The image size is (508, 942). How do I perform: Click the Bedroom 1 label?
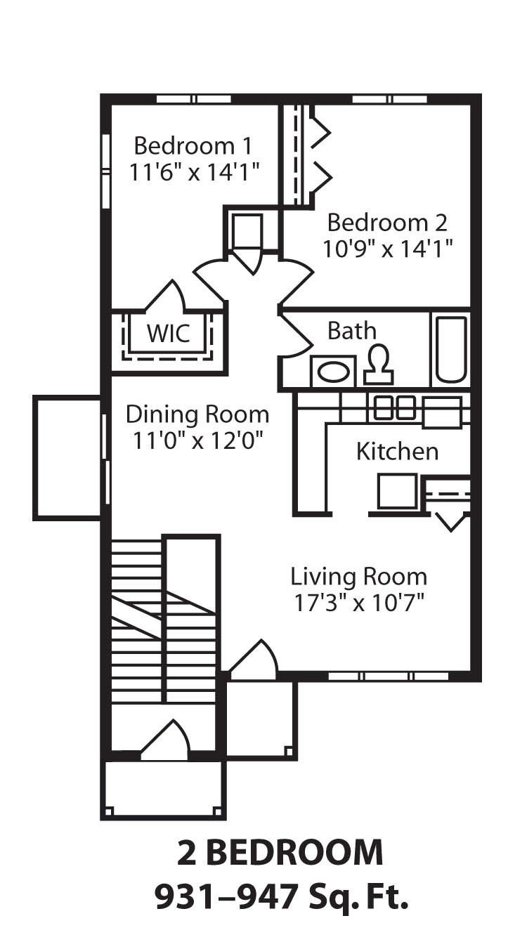[193, 146]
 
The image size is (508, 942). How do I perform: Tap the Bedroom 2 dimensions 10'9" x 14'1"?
[387, 249]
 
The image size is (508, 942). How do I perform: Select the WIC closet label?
[168, 333]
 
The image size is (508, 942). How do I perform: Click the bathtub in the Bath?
[450, 349]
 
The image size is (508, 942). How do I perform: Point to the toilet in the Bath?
[379, 365]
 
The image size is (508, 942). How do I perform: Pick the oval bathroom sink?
[334, 372]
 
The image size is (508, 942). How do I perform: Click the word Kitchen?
[397, 451]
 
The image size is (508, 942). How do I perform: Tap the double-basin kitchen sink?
[394, 408]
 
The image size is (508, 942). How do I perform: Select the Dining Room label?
[197, 414]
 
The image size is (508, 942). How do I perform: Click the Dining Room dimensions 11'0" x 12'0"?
[197, 440]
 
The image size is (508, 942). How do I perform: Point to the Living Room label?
[358, 577]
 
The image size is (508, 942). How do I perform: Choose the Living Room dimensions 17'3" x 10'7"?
[358, 603]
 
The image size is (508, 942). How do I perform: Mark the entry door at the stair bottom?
[166, 742]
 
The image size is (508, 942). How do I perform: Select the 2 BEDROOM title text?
[280, 853]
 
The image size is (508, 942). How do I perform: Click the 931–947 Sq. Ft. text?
[280, 896]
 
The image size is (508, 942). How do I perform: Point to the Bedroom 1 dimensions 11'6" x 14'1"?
[195, 172]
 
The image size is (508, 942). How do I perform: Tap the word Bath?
[352, 330]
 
